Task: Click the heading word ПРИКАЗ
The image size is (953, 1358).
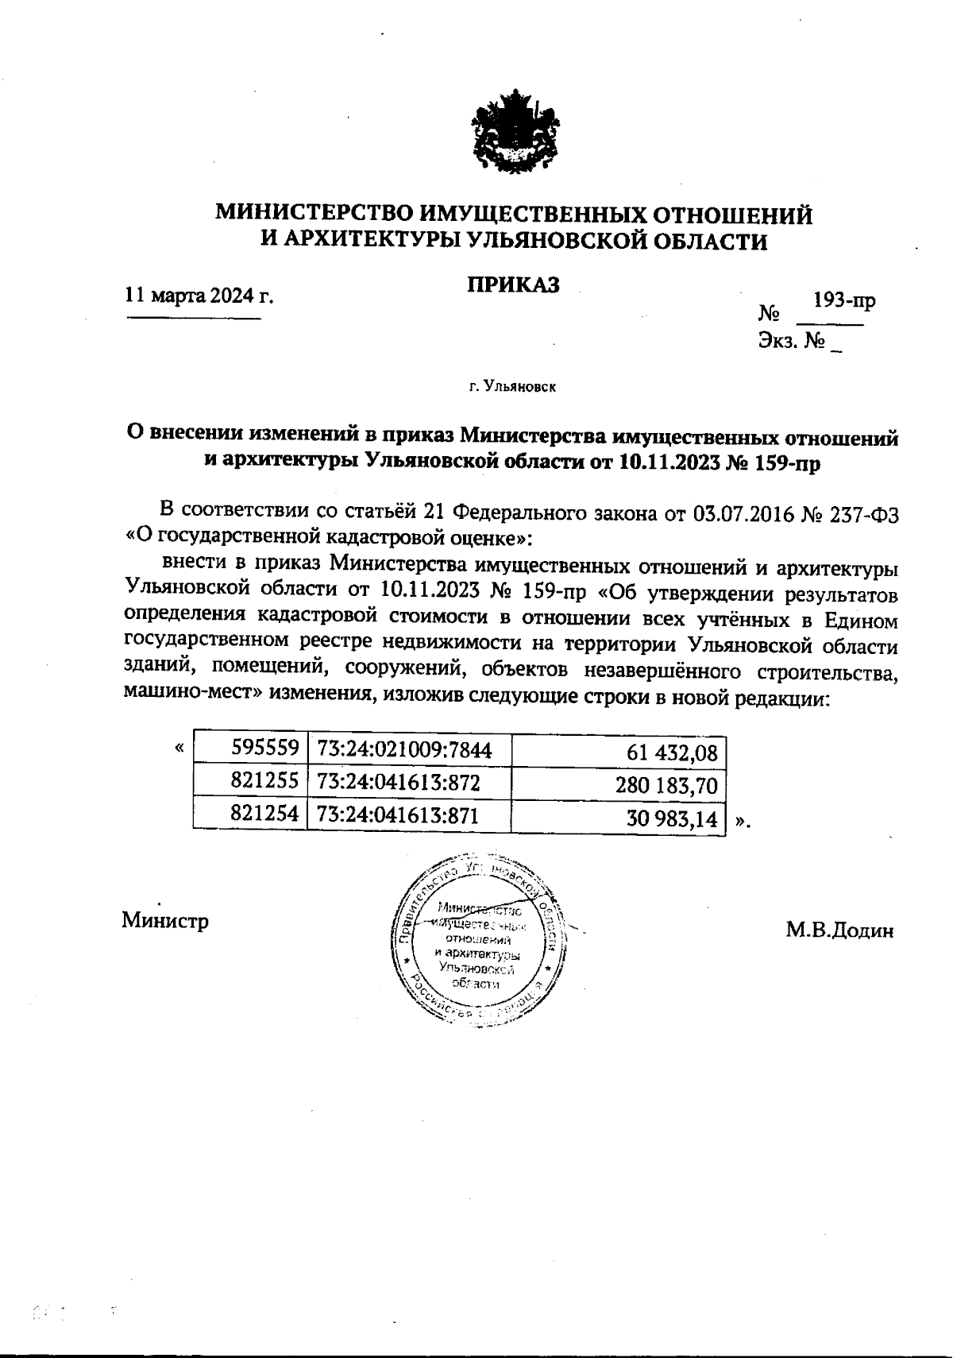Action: tap(513, 284)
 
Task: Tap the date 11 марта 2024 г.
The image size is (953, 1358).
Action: tap(199, 296)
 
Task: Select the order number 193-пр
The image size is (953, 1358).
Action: tap(845, 301)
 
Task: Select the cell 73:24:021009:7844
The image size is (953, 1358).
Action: tap(404, 749)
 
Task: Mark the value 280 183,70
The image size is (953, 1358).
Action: tap(666, 787)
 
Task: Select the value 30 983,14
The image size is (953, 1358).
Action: tap(672, 818)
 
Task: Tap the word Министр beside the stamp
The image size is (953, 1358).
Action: tap(165, 920)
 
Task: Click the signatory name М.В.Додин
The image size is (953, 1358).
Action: tap(839, 930)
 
